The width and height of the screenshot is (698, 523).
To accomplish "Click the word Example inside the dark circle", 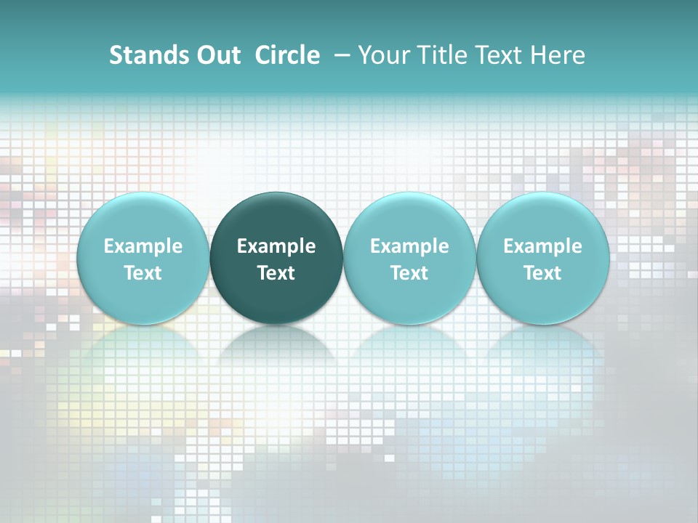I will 276,246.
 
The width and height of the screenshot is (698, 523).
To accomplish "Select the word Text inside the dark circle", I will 276,273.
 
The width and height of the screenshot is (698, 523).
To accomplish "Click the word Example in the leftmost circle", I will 143,246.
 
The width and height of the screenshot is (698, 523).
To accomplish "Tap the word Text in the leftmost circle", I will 143,273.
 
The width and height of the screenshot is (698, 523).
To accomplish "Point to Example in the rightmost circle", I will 542,246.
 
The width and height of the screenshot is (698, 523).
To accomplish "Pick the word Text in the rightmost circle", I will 542,273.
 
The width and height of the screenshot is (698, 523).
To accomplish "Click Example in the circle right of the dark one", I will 409,246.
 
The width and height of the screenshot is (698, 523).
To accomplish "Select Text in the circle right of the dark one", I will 409,273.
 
